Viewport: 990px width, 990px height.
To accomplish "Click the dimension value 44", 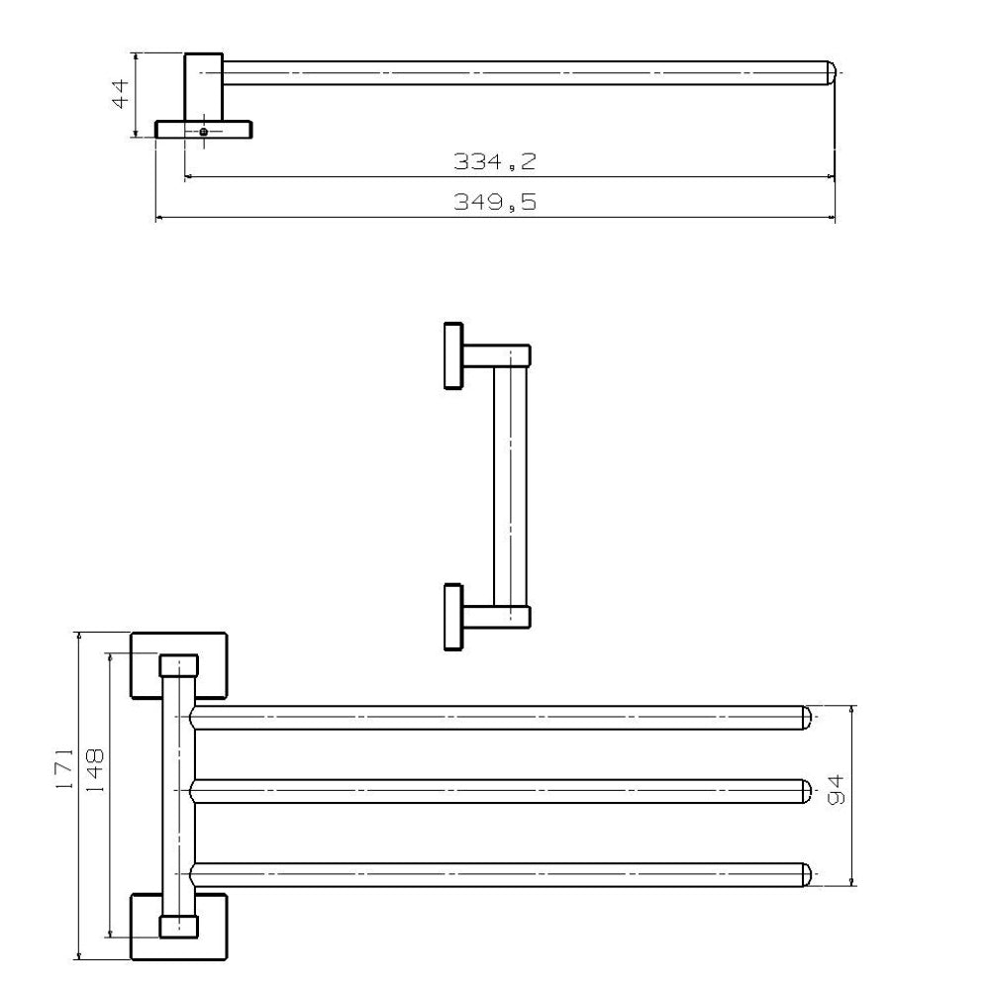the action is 120,94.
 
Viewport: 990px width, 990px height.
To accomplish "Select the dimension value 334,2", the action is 494,162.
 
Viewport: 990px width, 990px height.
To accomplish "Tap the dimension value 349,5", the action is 494,202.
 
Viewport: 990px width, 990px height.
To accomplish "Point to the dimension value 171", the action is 64,768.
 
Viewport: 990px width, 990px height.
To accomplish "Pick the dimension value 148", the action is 95,771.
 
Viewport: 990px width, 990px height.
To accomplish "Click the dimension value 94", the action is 836,790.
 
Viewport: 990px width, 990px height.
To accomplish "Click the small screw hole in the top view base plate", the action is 203,132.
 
